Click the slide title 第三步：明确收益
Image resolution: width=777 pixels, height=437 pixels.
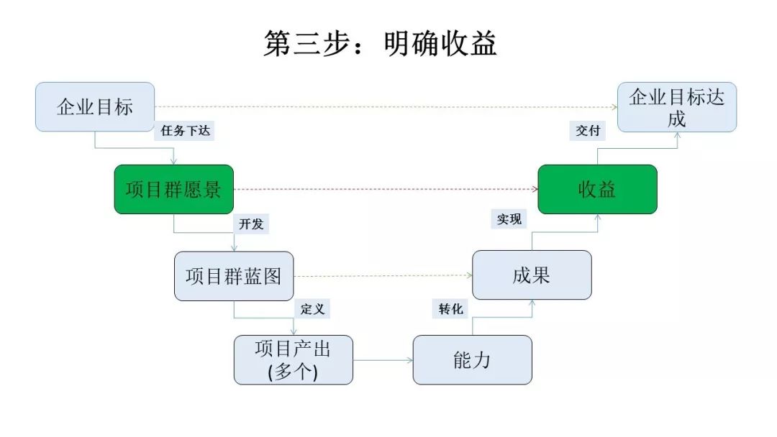coord(380,45)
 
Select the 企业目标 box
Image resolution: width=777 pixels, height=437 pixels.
coord(95,107)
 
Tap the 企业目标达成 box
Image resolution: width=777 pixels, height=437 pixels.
coord(676,107)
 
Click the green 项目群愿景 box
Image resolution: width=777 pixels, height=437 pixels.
coord(173,190)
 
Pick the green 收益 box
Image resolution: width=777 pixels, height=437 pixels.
coord(597,190)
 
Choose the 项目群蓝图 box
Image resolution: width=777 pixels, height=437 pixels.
coord(234,276)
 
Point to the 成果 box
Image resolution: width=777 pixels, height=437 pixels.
coord(532,275)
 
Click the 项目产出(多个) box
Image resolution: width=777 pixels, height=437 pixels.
coord(293,359)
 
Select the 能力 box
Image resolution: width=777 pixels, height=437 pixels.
coord(472,359)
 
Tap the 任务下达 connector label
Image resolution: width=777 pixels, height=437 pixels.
coord(184,131)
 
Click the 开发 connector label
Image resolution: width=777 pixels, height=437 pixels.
coord(251,224)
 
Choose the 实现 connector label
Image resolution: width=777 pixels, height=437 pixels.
coord(509,219)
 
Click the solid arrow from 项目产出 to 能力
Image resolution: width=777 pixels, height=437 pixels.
coord(383,359)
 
